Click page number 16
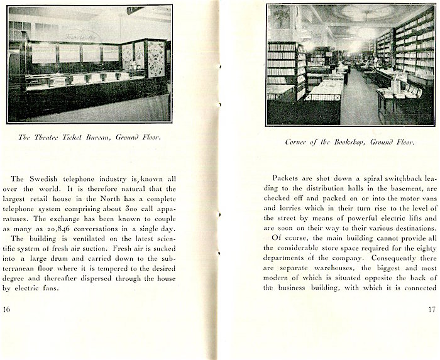pyautogui.click(x=7, y=309)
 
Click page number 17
pyautogui.click(x=431, y=309)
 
